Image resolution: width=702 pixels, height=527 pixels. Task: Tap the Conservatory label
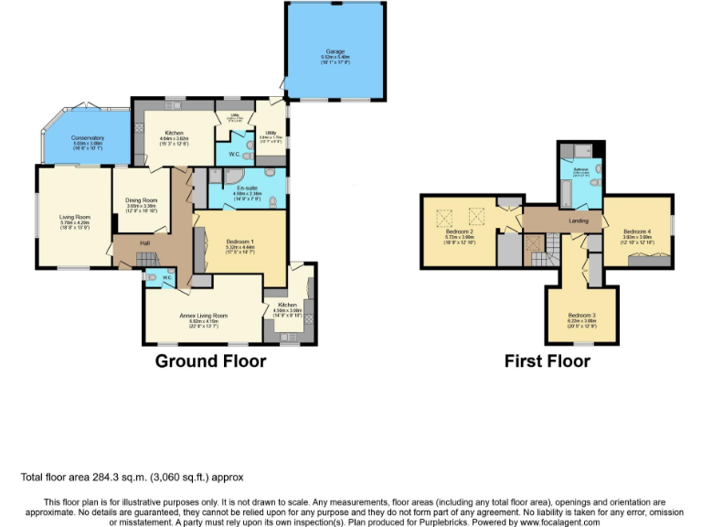pyautogui.click(x=89, y=138)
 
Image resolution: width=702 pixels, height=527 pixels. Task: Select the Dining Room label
pyautogui.click(x=142, y=200)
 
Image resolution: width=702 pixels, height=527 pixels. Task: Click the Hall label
pyautogui.click(x=144, y=243)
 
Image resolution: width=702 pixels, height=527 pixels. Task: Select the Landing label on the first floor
pyautogui.click(x=554, y=220)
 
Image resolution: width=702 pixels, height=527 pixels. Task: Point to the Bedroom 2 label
pyautogui.click(x=459, y=231)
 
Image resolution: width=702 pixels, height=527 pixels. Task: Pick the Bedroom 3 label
pyautogui.click(x=580, y=314)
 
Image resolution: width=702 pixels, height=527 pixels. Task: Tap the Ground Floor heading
pyautogui.click(x=210, y=361)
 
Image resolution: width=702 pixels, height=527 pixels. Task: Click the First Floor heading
pyautogui.click(x=548, y=361)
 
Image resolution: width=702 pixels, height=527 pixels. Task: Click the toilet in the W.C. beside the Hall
pyautogui.click(x=152, y=277)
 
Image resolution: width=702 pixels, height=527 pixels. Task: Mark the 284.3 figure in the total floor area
pyautogui.click(x=116, y=477)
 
